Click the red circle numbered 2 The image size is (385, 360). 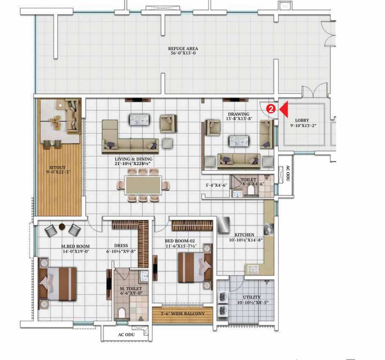(x=270, y=109)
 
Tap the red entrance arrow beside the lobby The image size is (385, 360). (x=284, y=109)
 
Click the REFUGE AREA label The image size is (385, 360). (x=184, y=49)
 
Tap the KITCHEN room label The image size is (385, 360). (x=244, y=235)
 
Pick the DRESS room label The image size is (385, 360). (x=121, y=245)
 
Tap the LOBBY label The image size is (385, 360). (x=302, y=120)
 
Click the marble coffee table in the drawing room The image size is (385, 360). (x=239, y=140)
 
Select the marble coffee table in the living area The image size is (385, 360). (x=139, y=120)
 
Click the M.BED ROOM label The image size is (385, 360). (x=75, y=246)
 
